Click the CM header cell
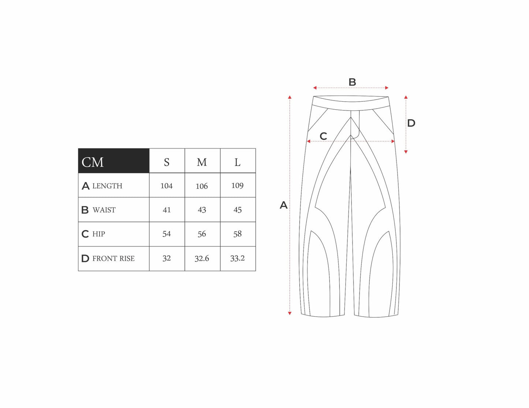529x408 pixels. [x=113, y=161]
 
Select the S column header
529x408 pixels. [x=167, y=162]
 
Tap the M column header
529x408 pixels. [x=202, y=162]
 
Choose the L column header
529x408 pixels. [x=238, y=162]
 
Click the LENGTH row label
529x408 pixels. [x=107, y=186]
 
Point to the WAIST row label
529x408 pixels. [x=104, y=210]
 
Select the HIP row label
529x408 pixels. [x=98, y=234]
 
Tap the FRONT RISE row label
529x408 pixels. [x=113, y=258]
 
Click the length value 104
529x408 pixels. [x=167, y=186]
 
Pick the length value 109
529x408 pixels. [x=238, y=186]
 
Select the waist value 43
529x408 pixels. [x=202, y=210]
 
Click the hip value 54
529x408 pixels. [x=167, y=234]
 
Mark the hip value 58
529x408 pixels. [x=238, y=234]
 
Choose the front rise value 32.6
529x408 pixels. [x=202, y=258]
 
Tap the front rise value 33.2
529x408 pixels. [x=238, y=258]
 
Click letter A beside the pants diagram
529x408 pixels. [x=284, y=205]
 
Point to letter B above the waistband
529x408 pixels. [x=352, y=82]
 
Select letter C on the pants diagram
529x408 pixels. [x=323, y=136]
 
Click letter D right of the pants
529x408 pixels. [x=411, y=123]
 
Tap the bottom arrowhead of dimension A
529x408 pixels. [x=290, y=313]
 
